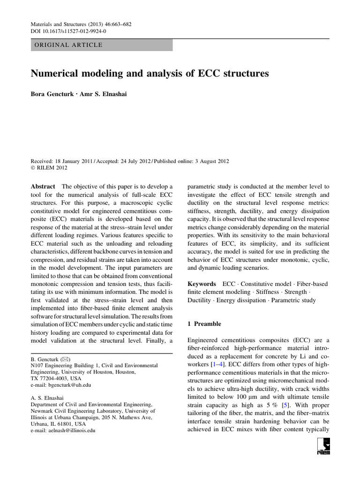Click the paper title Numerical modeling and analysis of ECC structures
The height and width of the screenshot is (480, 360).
click(x=150, y=74)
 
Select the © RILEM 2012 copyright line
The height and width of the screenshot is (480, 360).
click(x=49, y=168)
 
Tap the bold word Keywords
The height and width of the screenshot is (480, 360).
click(x=202, y=284)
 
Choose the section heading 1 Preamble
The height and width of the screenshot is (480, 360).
click(x=204, y=323)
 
